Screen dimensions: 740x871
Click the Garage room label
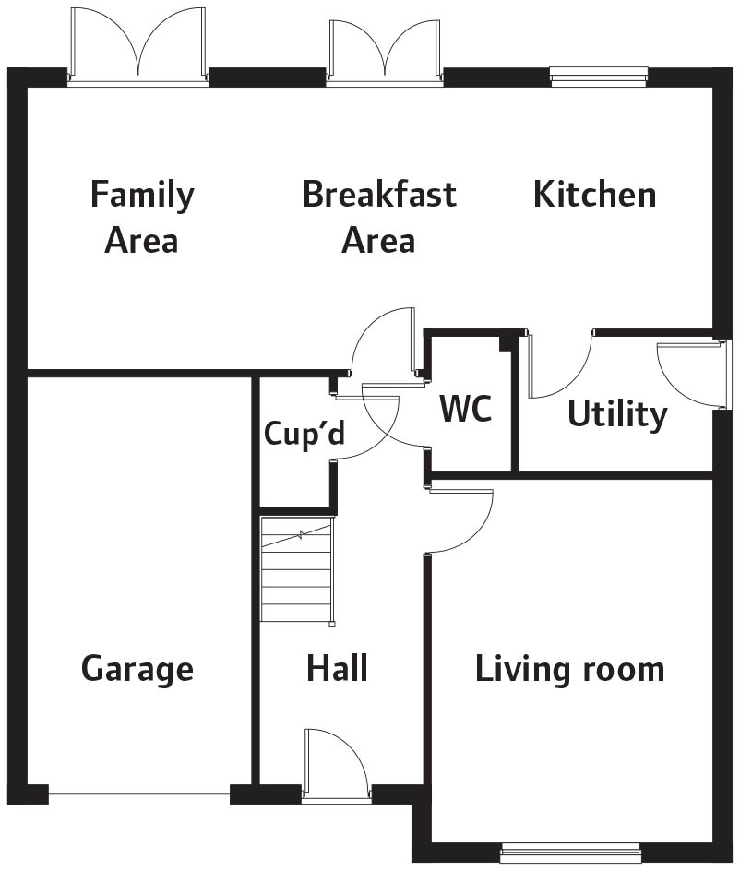click(137, 669)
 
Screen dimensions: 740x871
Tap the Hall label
click(337, 668)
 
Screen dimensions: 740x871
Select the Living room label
click(570, 668)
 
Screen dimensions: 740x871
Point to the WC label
click(466, 408)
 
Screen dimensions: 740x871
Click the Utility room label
click(617, 414)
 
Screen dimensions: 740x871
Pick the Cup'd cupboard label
click(304, 433)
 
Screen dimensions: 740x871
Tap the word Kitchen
click(594, 194)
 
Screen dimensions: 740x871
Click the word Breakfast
click(379, 194)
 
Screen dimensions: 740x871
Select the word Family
click(142, 196)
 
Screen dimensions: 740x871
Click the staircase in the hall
click(298, 570)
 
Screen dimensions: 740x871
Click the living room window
click(570, 853)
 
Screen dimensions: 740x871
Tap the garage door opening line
click(139, 794)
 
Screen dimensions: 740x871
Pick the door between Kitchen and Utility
click(559, 364)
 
